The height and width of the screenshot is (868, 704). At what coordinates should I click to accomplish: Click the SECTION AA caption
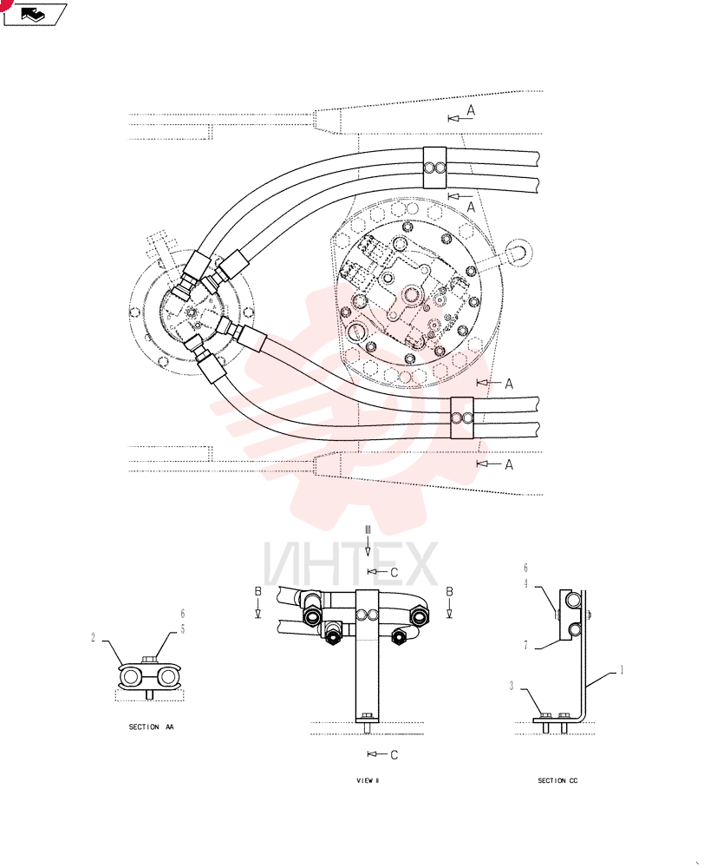point(151,727)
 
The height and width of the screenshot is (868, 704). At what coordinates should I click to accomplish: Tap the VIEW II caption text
point(368,780)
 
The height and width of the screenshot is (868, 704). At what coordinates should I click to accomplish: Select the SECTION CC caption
point(557,780)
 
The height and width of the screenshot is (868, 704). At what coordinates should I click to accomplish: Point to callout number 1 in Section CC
point(622,670)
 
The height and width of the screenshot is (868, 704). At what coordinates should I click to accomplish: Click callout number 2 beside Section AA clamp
point(94,638)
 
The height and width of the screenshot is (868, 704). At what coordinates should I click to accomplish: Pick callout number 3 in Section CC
point(512,686)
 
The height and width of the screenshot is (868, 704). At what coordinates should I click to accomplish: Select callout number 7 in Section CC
point(526,646)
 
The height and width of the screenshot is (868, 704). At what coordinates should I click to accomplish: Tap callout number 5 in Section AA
point(182,629)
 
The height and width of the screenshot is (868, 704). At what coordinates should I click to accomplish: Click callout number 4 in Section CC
point(526,583)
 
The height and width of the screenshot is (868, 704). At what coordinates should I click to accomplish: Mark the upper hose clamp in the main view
point(434,168)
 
